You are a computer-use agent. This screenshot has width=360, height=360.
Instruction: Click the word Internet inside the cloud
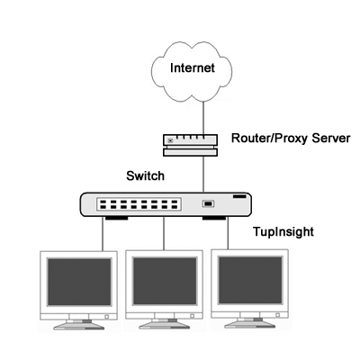193,67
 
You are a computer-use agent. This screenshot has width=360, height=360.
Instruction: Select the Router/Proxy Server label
291,139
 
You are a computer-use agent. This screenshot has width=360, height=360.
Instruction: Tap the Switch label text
146,175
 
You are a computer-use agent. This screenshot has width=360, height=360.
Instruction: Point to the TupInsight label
283,232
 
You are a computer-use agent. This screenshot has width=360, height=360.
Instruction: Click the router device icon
190,145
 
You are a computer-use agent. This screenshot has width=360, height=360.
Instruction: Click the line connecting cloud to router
203,118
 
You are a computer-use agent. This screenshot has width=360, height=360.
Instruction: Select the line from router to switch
203,175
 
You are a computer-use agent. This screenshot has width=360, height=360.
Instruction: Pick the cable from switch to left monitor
103,235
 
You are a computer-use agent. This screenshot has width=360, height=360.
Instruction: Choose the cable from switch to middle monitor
164,233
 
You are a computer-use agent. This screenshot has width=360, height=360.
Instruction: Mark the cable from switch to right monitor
228,234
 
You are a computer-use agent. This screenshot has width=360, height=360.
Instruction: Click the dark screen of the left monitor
79,282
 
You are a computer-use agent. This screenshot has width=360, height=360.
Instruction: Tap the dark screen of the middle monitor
165,281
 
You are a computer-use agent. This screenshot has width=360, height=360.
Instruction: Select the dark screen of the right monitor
250,280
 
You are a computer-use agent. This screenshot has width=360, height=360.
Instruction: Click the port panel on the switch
139,204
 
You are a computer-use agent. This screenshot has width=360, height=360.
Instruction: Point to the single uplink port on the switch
208,204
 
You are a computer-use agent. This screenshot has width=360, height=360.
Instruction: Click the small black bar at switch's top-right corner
239,196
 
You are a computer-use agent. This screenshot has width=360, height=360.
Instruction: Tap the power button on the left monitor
107,317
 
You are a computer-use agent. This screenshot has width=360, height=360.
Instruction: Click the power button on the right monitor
278,315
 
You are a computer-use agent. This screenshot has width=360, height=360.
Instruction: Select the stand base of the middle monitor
165,325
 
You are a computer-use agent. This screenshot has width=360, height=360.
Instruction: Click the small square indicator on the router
170,140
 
